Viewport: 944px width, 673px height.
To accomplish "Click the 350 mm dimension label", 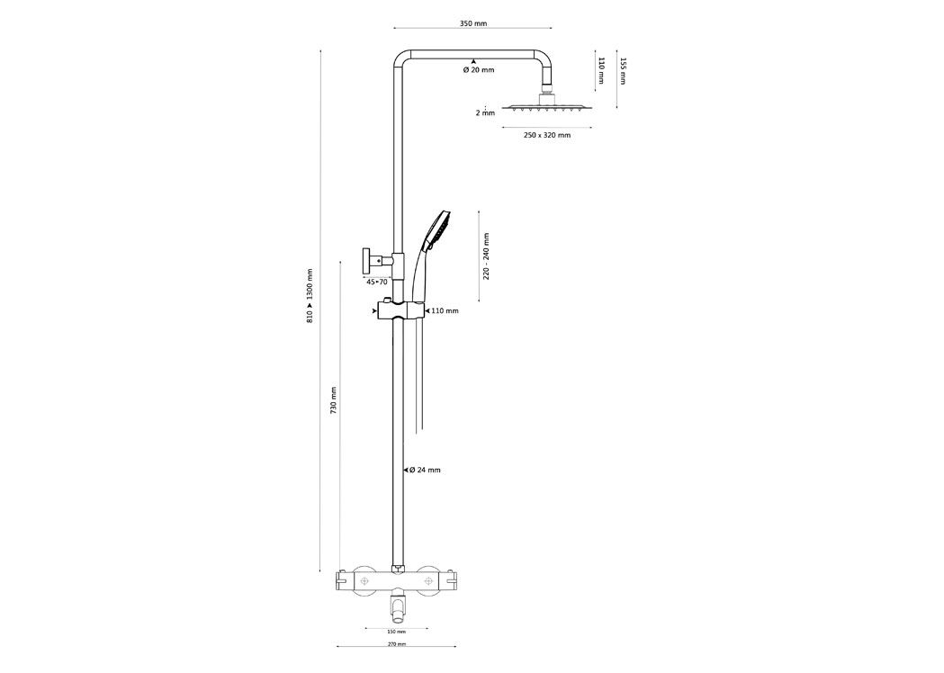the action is tap(472, 24).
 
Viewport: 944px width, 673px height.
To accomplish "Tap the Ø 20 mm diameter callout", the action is tap(479, 70).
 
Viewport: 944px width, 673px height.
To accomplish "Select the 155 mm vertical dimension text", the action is tap(624, 71).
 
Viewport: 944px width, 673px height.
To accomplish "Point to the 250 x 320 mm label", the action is tap(546, 136).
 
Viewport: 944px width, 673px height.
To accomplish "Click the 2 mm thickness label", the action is tap(485, 112).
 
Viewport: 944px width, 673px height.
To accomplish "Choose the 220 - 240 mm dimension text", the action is tap(487, 256).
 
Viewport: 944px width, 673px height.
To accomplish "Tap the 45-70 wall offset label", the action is tap(377, 281).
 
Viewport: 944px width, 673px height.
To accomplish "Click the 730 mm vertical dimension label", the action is tap(333, 399).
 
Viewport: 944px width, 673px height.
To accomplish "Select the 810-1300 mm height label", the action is tap(310, 296).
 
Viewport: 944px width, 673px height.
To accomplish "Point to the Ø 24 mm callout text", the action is tap(425, 471).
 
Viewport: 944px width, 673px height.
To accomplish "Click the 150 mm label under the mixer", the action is tap(396, 633).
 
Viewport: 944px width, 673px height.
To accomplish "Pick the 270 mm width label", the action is tap(396, 644).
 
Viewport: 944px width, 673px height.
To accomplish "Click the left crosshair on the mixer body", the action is tap(364, 581).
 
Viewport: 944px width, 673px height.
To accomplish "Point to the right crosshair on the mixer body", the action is tap(428, 581).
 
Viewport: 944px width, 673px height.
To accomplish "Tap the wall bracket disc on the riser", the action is tap(364, 260).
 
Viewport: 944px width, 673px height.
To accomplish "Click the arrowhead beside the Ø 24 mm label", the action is tap(405, 471).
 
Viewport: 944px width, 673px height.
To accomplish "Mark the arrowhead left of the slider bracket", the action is tap(374, 310).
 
